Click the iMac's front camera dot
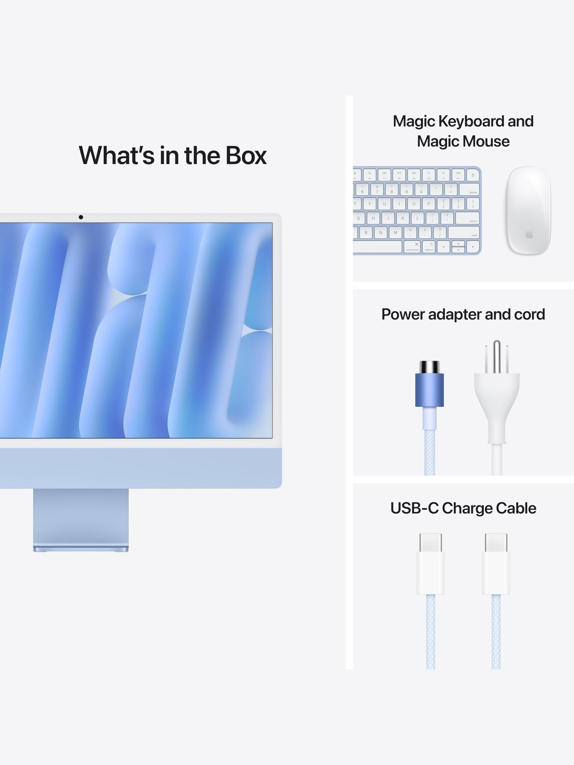81,217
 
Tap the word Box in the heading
246,155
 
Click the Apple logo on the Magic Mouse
529,234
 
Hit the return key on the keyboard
468,218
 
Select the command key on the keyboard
412,247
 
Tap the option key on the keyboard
429,247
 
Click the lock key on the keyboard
473,175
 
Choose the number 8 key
392,189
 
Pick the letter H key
373,218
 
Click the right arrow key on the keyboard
473,247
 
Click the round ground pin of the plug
497,356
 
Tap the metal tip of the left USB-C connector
431,543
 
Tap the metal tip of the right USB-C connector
496,543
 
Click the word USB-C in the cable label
414,508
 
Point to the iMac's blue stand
81,520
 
